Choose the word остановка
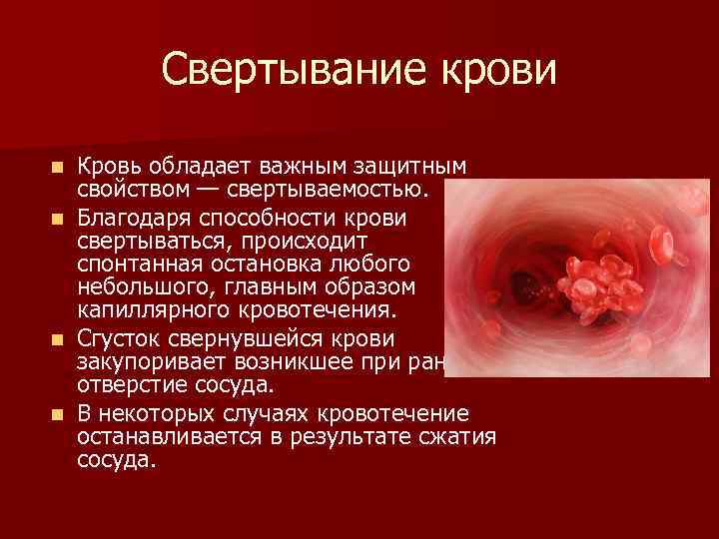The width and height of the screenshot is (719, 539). (x=265, y=263)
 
